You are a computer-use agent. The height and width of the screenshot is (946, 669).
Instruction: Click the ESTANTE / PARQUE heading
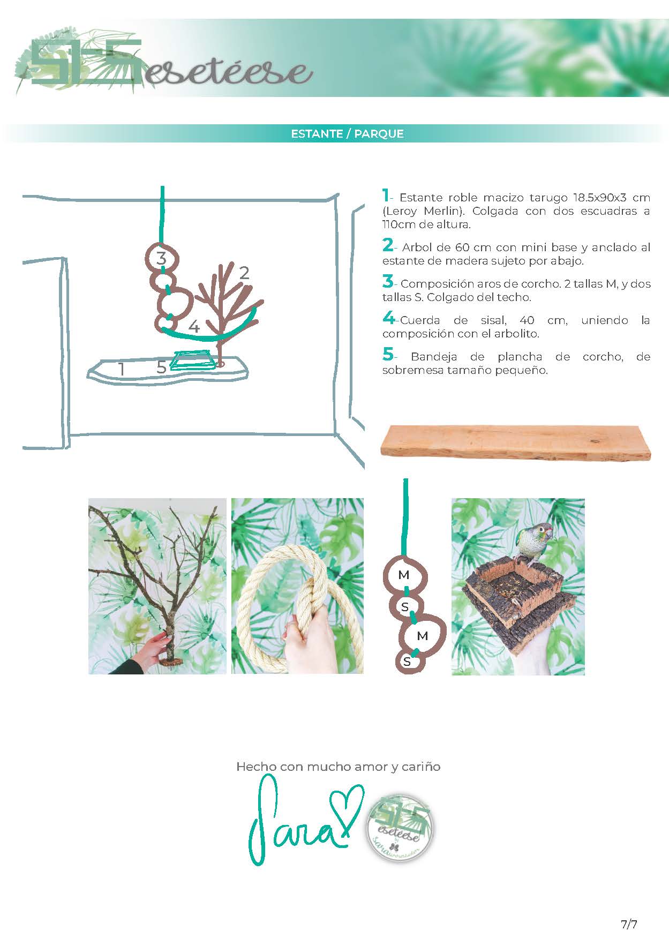[347, 134]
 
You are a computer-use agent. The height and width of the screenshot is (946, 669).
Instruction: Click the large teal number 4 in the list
[388, 319]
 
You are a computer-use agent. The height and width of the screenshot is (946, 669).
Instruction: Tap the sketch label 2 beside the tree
[244, 273]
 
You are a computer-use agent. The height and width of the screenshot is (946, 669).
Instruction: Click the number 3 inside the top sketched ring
[161, 258]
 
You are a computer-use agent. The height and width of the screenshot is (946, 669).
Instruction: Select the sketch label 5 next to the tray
[161, 367]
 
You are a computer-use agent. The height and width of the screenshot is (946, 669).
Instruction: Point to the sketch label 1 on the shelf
[122, 369]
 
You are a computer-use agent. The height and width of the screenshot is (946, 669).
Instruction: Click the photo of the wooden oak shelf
[515, 442]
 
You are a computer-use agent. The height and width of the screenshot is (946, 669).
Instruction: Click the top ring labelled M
[404, 575]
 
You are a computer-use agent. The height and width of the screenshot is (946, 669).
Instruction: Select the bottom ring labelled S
[407, 662]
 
